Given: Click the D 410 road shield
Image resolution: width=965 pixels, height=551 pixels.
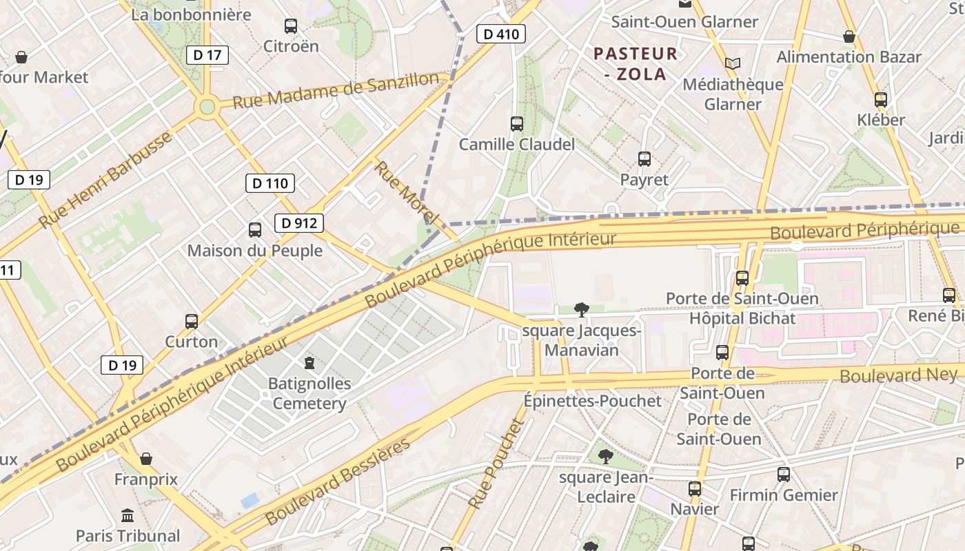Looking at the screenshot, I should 501,34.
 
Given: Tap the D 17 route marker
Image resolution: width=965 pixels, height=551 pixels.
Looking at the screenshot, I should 207,55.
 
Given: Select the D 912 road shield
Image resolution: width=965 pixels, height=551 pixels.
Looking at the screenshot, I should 299,223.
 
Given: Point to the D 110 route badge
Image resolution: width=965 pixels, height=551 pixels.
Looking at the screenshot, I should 270,183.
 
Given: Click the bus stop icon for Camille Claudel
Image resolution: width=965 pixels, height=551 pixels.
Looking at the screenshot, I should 517,124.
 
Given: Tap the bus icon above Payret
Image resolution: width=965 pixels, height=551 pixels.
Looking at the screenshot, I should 644,159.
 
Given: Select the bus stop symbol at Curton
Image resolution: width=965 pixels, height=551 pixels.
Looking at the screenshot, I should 192,321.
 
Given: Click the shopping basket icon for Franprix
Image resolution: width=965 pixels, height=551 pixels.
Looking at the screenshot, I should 146,459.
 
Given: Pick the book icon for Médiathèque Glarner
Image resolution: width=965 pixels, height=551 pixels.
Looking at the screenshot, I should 732,64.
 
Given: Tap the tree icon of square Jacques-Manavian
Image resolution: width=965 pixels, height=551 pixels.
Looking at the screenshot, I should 582,310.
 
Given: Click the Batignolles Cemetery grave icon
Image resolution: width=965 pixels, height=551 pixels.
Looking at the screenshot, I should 309,362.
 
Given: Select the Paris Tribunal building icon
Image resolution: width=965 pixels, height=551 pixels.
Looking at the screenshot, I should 128,515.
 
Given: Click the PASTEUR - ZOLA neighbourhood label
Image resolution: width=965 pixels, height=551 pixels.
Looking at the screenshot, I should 636,63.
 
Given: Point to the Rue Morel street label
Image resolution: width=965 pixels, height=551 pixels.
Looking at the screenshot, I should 406,192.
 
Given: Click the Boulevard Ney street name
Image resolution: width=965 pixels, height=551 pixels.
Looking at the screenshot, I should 898,375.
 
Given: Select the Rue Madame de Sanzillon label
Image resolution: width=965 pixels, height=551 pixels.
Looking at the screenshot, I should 336,90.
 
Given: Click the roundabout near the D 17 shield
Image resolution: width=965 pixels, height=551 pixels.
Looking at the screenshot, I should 207,107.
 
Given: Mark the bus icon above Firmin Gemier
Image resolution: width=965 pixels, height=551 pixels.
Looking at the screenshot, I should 784,475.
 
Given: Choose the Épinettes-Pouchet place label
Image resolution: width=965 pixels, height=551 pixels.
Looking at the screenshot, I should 592,401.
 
